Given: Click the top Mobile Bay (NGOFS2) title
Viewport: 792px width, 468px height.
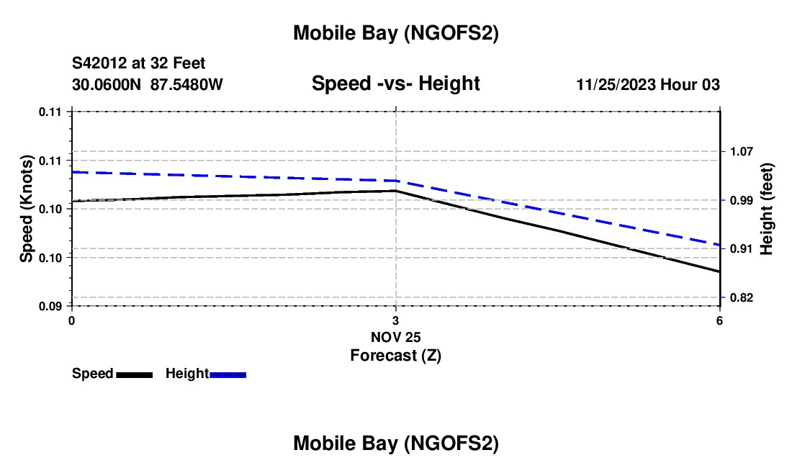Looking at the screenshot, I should point(396,33).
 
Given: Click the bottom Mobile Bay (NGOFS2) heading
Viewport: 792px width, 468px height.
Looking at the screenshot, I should point(396,444).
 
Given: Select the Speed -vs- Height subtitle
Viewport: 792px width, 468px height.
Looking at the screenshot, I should point(395,84).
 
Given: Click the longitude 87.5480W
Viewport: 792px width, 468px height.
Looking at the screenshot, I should point(186,85).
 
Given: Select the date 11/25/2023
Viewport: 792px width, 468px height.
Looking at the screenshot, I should point(618,85).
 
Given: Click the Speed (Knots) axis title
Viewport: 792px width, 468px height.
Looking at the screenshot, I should point(27,209).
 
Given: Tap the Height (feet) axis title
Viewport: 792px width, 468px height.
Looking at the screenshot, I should point(766,209).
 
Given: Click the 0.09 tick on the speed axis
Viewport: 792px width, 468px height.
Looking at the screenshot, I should point(50,306).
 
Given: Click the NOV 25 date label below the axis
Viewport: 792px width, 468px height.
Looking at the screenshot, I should point(395,337).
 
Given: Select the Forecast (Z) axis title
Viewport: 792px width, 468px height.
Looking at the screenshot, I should point(395,355).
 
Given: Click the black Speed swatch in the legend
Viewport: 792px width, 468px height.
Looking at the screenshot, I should point(133,374).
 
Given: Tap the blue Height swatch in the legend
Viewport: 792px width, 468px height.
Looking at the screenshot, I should point(228,374).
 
